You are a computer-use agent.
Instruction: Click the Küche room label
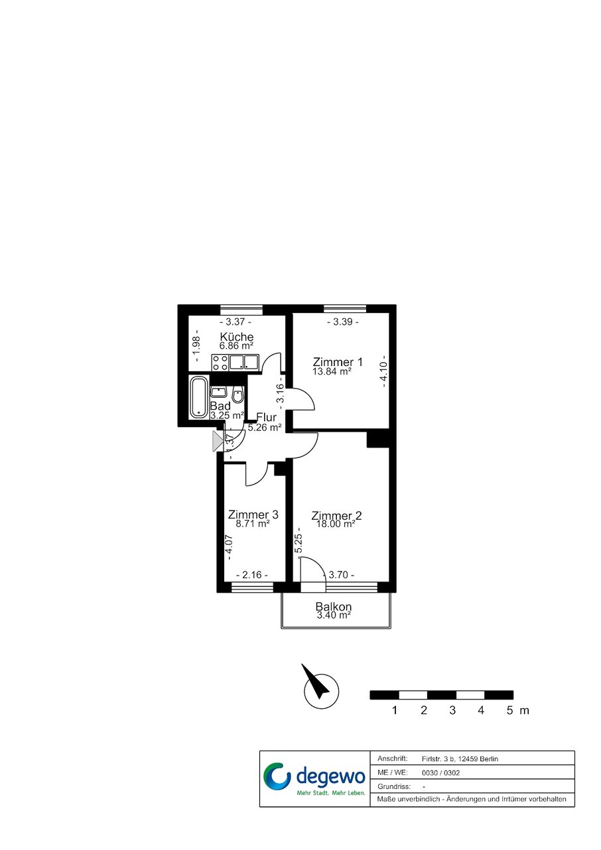click(x=237, y=337)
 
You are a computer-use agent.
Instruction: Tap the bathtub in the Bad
click(x=198, y=397)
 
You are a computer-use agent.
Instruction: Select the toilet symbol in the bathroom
click(x=238, y=395)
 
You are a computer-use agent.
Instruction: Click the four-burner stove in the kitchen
click(x=220, y=362)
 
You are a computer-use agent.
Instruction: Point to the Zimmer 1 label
click(x=338, y=361)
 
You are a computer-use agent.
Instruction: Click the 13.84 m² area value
click(x=332, y=371)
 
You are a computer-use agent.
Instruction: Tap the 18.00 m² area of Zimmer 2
click(x=336, y=524)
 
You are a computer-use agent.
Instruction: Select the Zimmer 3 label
click(x=253, y=515)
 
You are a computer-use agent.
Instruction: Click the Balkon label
click(x=334, y=607)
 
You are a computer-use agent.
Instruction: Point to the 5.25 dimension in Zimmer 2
click(x=299, y=543)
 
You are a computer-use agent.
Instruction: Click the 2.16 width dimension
click(x=252, y=574)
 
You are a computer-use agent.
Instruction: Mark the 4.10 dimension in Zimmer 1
click(x=383, y=371)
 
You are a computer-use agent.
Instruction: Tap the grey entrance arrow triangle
click(x=218, y=442)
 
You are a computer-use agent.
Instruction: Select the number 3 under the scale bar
click(x=452, y=710)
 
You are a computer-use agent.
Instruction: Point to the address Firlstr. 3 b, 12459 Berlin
click(x=460, y=759)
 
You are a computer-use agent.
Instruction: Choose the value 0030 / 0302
click(x=440, y=773)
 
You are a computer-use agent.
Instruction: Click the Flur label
click(x=266, y=418)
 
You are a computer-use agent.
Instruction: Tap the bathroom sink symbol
click(x=219, y=392)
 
